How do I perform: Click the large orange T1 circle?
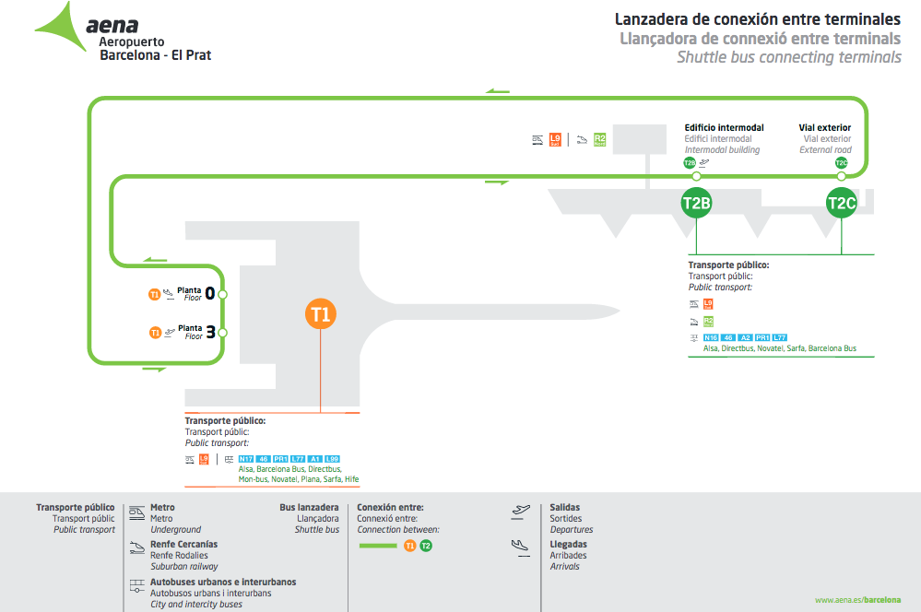coord(320,314)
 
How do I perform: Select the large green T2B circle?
coord(696,203)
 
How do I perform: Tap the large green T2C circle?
coord(841,203)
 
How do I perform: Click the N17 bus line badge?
coord(246,459)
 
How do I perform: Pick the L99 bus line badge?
coord(333,459)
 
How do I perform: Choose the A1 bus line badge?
coord(315,459)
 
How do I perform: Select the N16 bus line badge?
coord(711,338)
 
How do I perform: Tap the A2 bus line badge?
coord(746,338)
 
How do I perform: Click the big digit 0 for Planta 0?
coord(210,294)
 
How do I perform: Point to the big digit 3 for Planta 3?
coord(210,332)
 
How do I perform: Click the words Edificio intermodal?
coord(724,128)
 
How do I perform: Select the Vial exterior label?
coord(824,128)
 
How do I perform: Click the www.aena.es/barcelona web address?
coord(857,600)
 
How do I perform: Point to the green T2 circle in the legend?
coord(425,547)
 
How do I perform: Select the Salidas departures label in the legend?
coord(565,507)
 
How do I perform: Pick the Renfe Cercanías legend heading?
coord(183,545)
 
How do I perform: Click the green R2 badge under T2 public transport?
coord(708,322)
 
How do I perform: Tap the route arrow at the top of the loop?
coord(498,91)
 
